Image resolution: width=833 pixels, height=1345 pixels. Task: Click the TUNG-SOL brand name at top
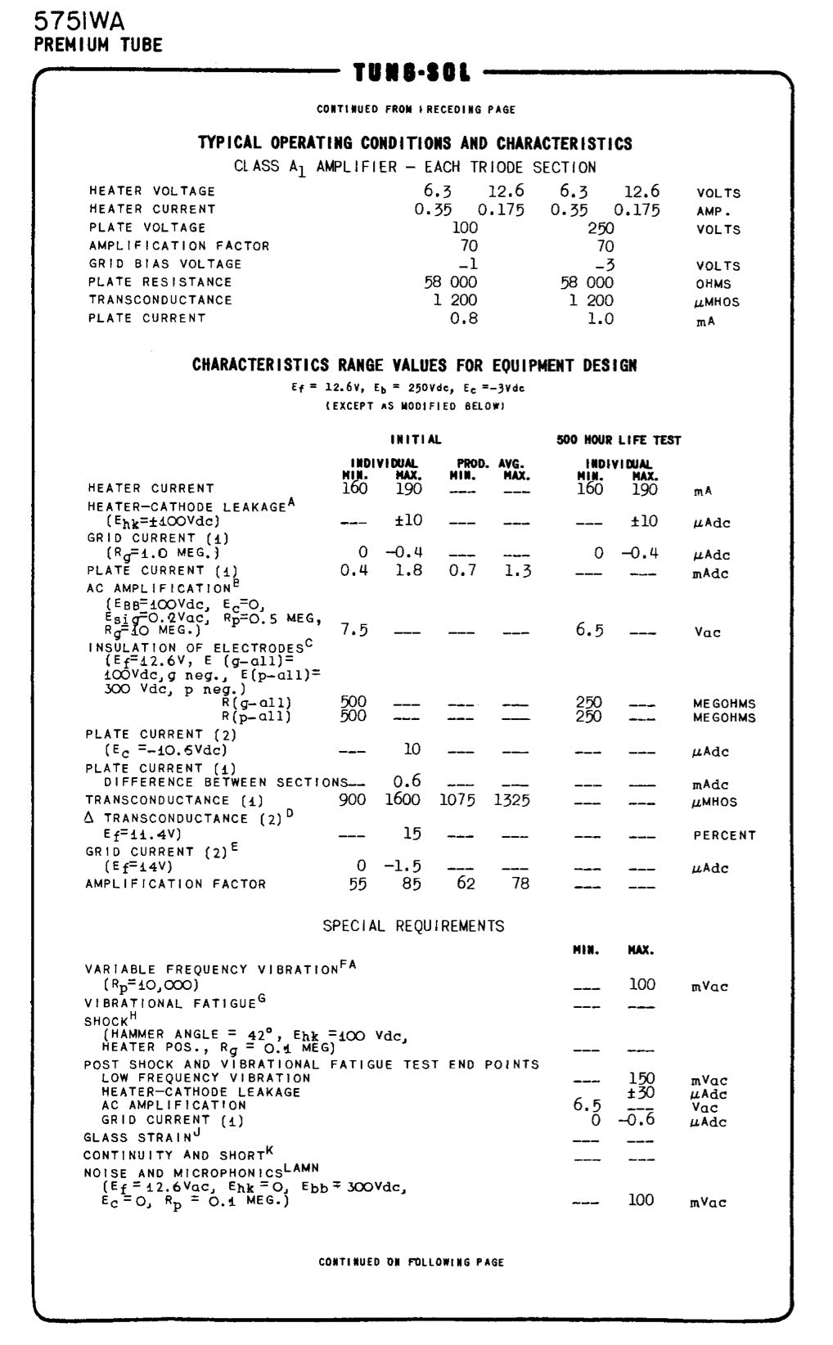click(x=412, y=74)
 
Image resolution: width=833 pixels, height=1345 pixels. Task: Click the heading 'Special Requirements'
click(x=413, y=926)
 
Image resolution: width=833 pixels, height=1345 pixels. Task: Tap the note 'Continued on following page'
click(x=412, y=1262)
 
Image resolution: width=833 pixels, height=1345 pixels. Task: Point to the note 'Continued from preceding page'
click(x=416, y=109)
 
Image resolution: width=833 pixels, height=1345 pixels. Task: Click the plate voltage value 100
click(x=465, y=228)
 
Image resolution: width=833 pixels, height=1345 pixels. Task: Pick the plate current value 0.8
click(x=464, y=319)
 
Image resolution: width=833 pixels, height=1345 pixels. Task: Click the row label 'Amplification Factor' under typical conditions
click(x=178, y=245)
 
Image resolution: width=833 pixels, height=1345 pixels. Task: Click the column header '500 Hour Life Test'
click(x=619, y=440)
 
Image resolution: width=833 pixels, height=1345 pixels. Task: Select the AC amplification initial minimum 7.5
click(x=354, y=629)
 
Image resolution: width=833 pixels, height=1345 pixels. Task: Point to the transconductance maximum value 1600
click(x=403, y=800)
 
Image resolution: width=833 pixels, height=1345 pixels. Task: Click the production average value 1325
click(x=511, y=800)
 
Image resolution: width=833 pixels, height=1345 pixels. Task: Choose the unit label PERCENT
click(x=724, y=835)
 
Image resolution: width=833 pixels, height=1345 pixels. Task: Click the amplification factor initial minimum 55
click(x=358, y=884)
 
